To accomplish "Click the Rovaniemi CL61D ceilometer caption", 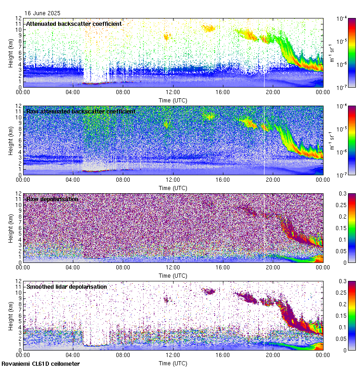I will point(40,364).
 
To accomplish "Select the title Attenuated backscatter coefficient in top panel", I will point(74,24).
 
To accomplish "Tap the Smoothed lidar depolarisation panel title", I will point(66,286).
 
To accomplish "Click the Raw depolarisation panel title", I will point(52,199).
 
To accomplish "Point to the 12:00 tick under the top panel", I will point(173,92).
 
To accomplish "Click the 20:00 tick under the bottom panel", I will point(273,355).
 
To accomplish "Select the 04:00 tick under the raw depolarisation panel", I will point(73,268).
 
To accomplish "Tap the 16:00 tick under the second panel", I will point(223,180).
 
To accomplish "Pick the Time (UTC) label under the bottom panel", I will point(173,363).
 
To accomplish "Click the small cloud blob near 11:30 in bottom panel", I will point(167,299).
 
